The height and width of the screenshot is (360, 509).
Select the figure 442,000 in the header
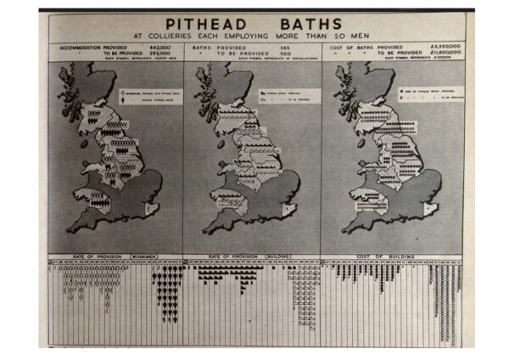161,47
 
